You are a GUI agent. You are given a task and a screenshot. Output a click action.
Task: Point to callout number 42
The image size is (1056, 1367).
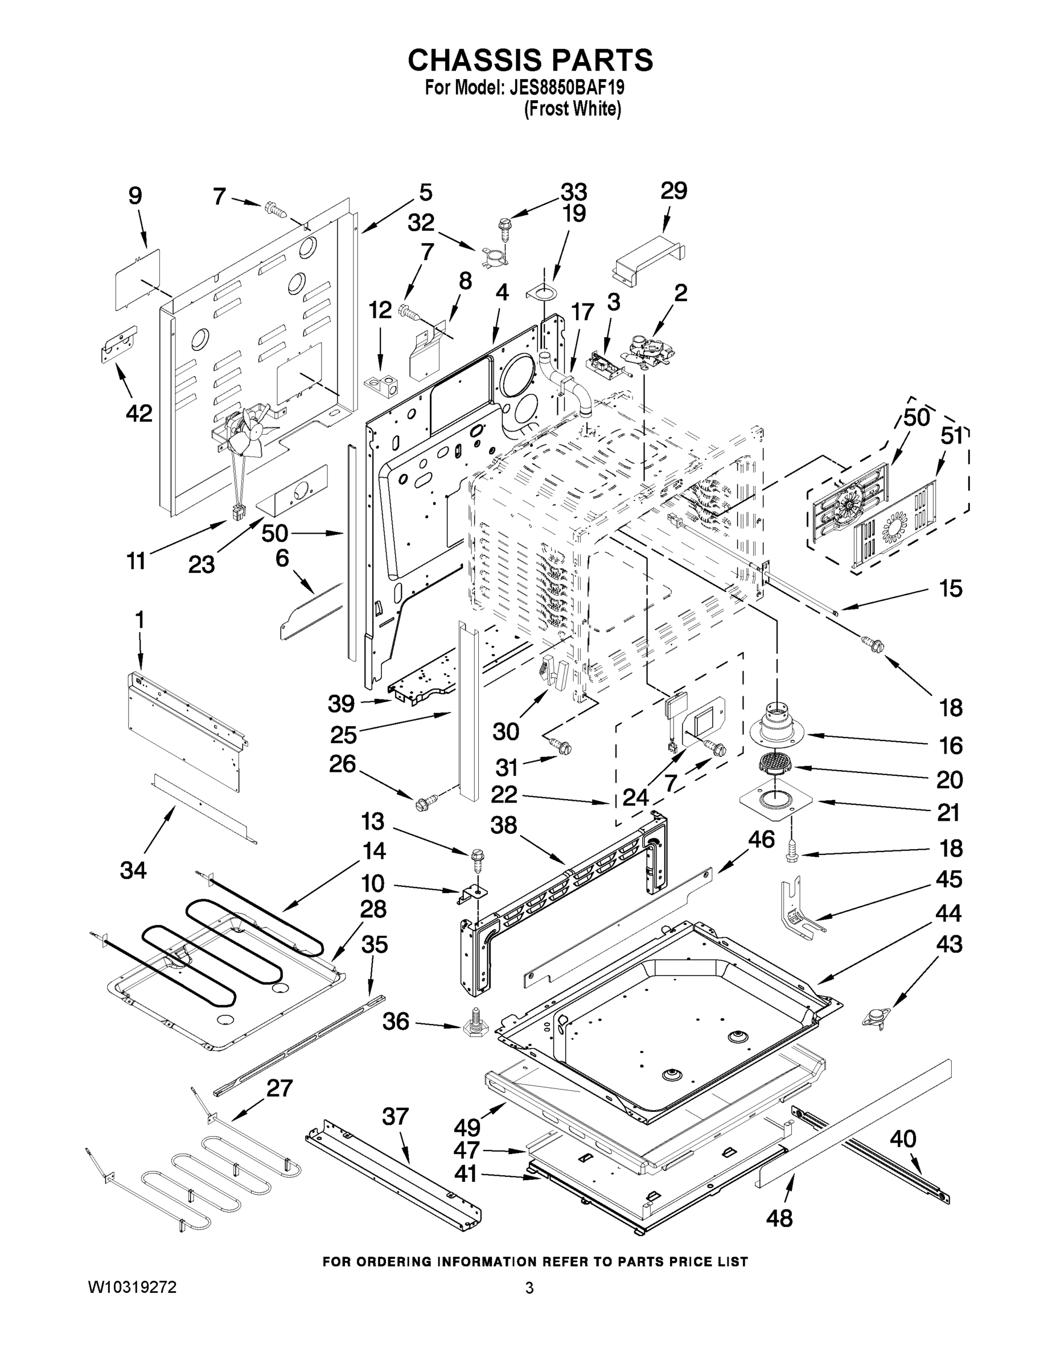click(x=139, y=413)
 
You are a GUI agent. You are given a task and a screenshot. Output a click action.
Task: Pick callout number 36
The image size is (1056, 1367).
click(x=396, y=1021)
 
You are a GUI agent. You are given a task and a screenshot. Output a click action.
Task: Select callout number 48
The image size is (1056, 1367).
click(x=779, y=1217)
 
